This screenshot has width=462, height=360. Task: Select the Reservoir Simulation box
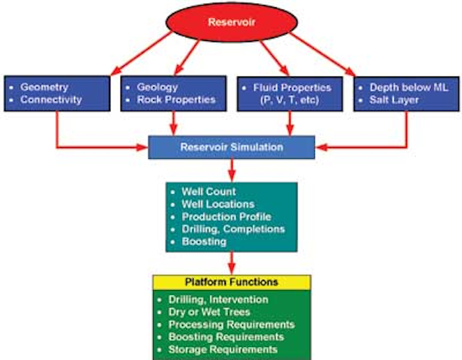[x=230, y=148]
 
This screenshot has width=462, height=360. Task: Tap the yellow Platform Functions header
[x=231, y=282]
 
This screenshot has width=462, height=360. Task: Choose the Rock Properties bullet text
[x=176, y=99]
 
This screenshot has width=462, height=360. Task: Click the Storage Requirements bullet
[x=224, y=349]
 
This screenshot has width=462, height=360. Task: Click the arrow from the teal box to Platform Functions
[x=231, y=262]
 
